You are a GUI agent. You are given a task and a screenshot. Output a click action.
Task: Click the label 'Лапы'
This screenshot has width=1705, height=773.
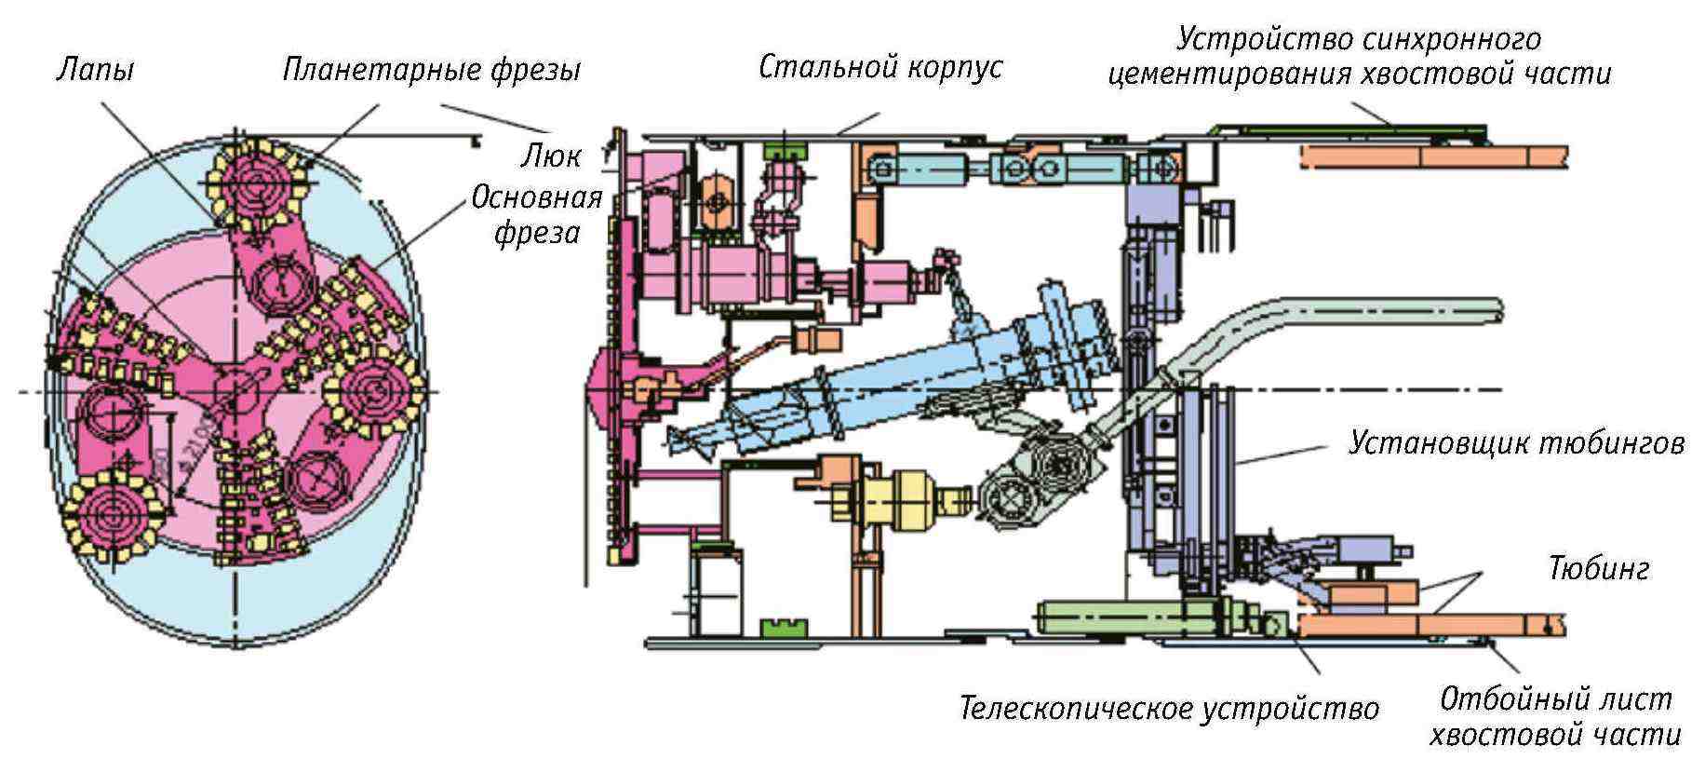pos(95,70)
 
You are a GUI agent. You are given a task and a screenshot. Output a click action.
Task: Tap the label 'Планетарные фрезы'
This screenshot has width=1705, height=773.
pos(432,70)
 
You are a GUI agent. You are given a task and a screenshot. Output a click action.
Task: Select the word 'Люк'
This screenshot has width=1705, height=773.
pos(551,156)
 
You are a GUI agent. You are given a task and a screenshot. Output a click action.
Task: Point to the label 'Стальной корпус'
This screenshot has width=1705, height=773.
pos(880,67)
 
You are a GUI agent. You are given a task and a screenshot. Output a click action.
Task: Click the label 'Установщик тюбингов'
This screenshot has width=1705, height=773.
pos(1516,442)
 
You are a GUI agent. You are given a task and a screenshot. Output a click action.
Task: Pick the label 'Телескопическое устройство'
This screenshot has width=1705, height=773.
pos(1169,709)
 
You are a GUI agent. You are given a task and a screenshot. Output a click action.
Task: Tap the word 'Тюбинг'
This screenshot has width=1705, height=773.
pos(1599,567)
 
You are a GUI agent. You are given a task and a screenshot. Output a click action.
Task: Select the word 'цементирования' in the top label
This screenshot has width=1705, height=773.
pos(1229,75)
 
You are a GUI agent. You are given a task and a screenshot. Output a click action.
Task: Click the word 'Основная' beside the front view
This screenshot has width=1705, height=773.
pos(537,197)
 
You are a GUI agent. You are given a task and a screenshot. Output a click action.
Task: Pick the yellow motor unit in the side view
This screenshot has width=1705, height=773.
pos(898,495)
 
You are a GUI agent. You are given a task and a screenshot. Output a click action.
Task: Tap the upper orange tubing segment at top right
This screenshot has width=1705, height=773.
pos(1433,156)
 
